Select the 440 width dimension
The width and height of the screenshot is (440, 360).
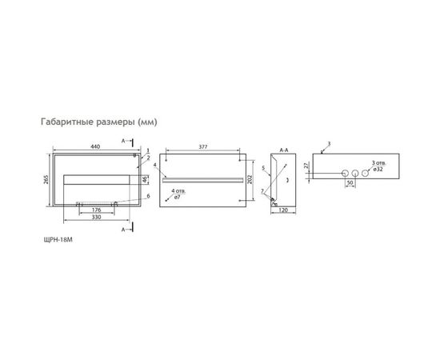click(x=95, y=147)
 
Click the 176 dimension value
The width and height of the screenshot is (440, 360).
click(x=95, y=211)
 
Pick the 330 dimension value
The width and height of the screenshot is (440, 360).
click(x=95, y=217)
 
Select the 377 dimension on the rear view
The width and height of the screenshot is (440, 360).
click(x=204, y=147)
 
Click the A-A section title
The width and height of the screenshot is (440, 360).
click(x=284, y=149)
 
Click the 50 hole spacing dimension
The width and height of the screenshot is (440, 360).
click(x=350, y=183)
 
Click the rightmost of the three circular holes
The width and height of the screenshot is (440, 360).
click(x=366, y=173)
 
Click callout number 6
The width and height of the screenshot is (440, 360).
click(x=148, y=195)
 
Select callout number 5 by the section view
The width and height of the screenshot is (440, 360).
click(x=262, y=168)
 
